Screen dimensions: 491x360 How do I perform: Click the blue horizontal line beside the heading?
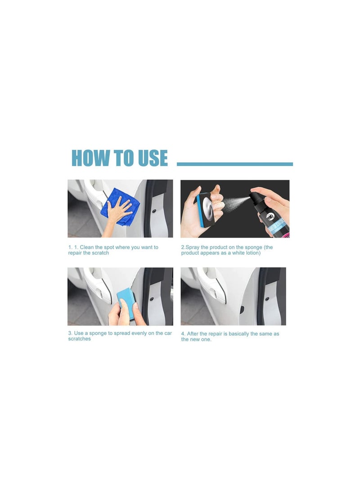[x=235, y=164]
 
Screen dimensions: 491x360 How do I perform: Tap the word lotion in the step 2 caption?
[x=252, y=253]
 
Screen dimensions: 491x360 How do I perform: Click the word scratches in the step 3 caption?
[x=80, y=339]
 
